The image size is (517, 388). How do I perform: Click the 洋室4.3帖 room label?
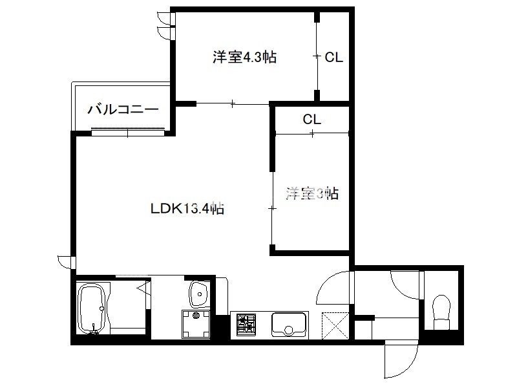(244, 57)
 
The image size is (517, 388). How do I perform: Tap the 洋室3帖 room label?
(312, 193)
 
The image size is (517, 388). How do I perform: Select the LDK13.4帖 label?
(187, 208)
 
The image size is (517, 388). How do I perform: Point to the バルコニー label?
(123, 109)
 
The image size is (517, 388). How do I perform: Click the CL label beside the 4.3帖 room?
(333, 58)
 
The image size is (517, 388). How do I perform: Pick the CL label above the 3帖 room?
(312, 119)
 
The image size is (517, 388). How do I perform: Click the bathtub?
(91, 308)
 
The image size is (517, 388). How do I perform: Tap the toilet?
(441, 312)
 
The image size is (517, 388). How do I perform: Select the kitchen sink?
(289, 325)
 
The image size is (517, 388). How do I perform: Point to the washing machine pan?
(196, 325)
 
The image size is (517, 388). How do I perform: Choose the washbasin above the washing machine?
(199, 294)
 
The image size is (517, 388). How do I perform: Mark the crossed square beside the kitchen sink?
(335, 326)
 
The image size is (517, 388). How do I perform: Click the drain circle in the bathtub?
(101, 309)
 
